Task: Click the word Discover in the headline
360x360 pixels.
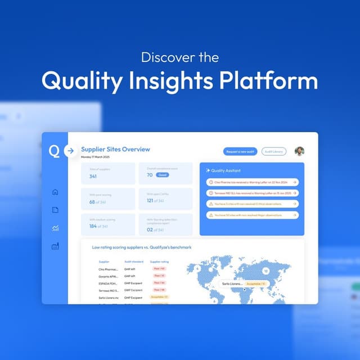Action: click(x=162, y=57)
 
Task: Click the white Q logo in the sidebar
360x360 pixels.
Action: click(x=54, y=151)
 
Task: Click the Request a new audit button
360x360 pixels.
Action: click(x=240, y=151)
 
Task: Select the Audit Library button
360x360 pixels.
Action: click(x=274, y=151)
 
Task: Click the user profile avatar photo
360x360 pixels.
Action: click(x=299, y=151)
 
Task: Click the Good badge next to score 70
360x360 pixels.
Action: click(x=163, y=175)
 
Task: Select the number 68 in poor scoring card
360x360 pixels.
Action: click(x=92, y=202)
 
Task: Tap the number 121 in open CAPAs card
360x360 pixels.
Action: click(x=150, y=201)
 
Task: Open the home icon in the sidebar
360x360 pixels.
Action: click(x=55, y=192)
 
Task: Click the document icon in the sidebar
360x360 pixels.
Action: click(x=55, y=210)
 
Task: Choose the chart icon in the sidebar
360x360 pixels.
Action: click(x=55, y=228)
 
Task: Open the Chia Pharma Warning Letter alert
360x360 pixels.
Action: click(x=252, y=182)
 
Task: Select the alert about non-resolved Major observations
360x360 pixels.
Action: click(x=252, y=215)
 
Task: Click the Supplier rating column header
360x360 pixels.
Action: click(x=159, y=262)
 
